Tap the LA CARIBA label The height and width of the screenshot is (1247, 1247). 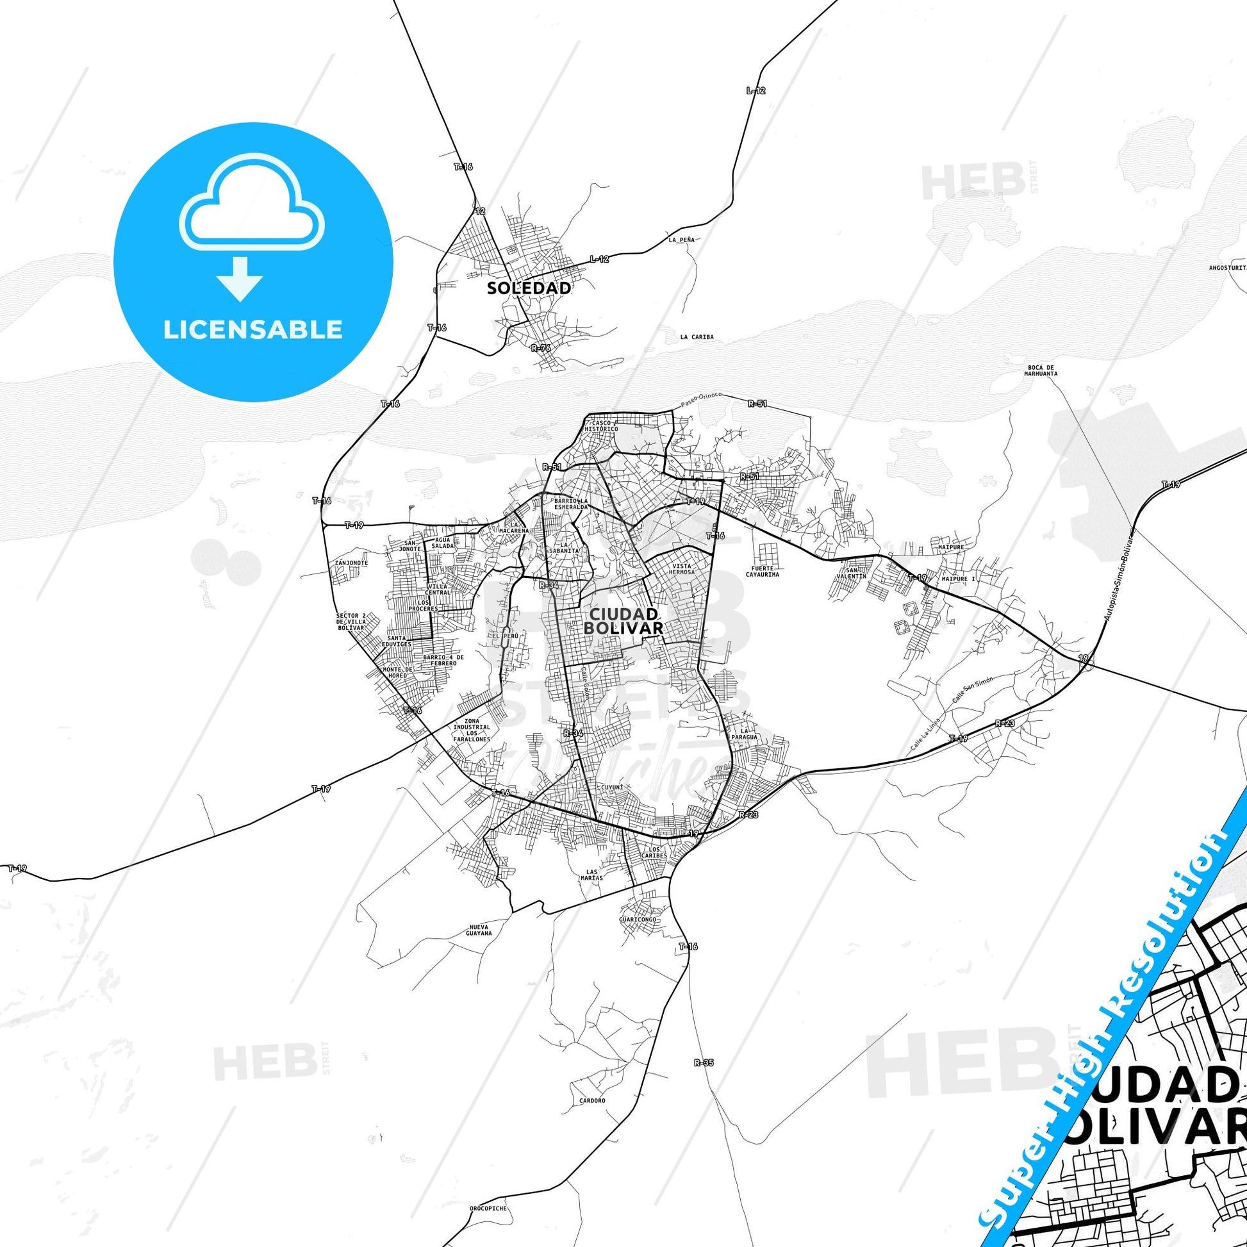[x=697, y=337]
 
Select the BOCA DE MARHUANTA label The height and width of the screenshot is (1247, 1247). [x=1041, y=370]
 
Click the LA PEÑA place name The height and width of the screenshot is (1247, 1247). [x=682, y=240]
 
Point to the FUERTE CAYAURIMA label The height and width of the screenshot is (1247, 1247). [x=763, y=570]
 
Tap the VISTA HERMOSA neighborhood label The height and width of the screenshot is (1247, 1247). [x=682, y=568]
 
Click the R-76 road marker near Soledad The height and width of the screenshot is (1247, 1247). [x=541, y=348]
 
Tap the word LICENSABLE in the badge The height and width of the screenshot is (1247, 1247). [x=253, y=330]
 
